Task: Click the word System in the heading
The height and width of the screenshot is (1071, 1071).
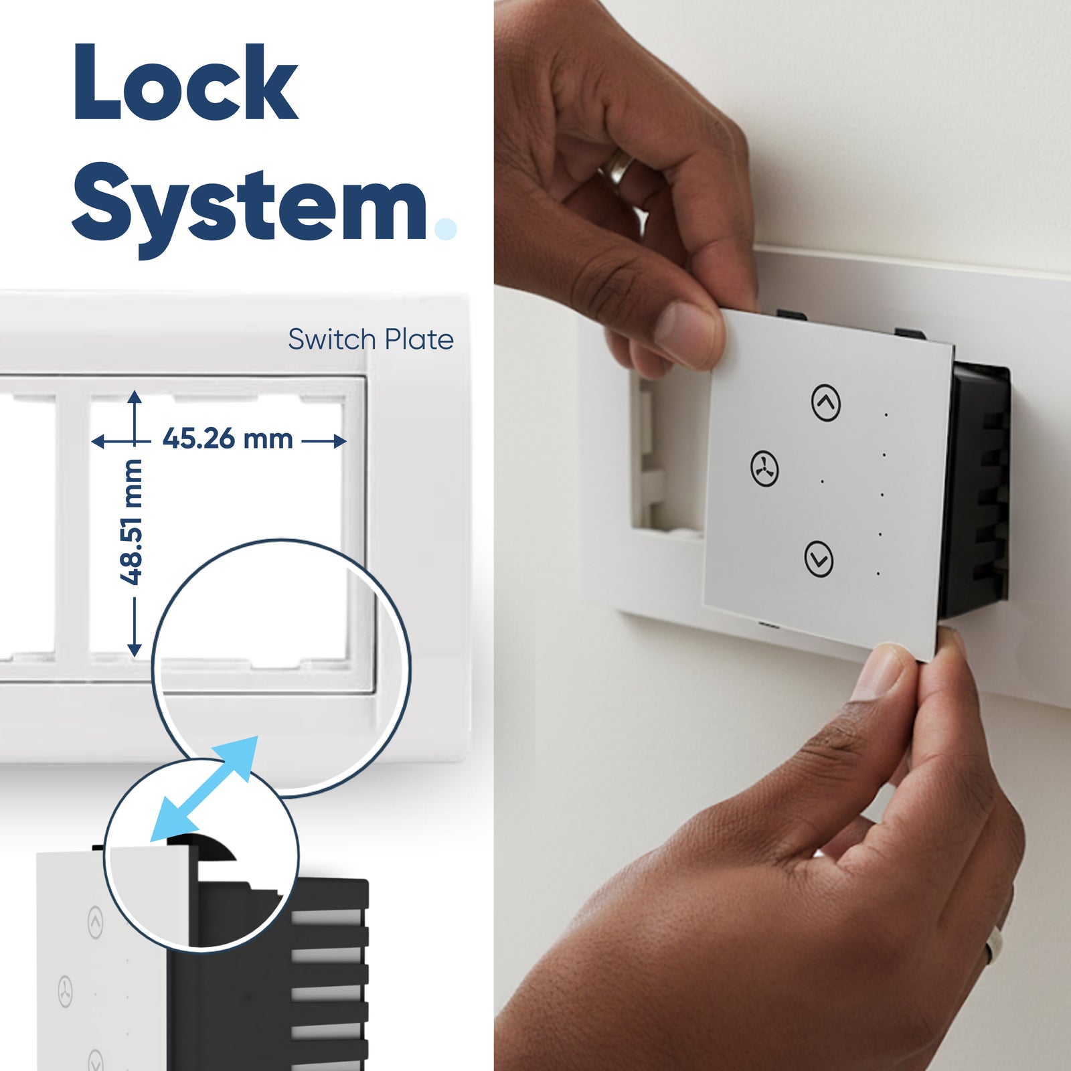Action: [x=250, y=203]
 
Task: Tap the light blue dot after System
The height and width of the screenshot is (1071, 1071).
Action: [x=445, y=228]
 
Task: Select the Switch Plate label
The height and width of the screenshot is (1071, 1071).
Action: [x=371, y=339]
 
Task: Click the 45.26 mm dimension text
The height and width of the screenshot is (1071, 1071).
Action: [x=228, y=439]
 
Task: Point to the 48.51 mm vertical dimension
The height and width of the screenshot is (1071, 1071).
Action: [x=132, y=521]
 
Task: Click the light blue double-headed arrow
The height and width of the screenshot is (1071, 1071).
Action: [x=204, y=789]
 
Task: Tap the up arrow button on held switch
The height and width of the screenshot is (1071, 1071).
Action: [x=826, y=402]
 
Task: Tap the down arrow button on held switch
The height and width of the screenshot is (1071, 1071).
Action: [x=819, y=558]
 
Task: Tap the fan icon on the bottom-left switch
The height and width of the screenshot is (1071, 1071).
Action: [x=65, y=991]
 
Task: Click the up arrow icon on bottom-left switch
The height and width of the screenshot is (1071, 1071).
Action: [x=96, y=923]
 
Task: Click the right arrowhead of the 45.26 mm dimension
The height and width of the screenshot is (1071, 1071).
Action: [x=340, y=440]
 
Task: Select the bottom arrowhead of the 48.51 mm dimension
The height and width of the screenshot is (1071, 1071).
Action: [x=135, y=649]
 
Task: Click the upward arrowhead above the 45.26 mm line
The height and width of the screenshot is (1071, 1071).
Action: [x=135, y=397]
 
